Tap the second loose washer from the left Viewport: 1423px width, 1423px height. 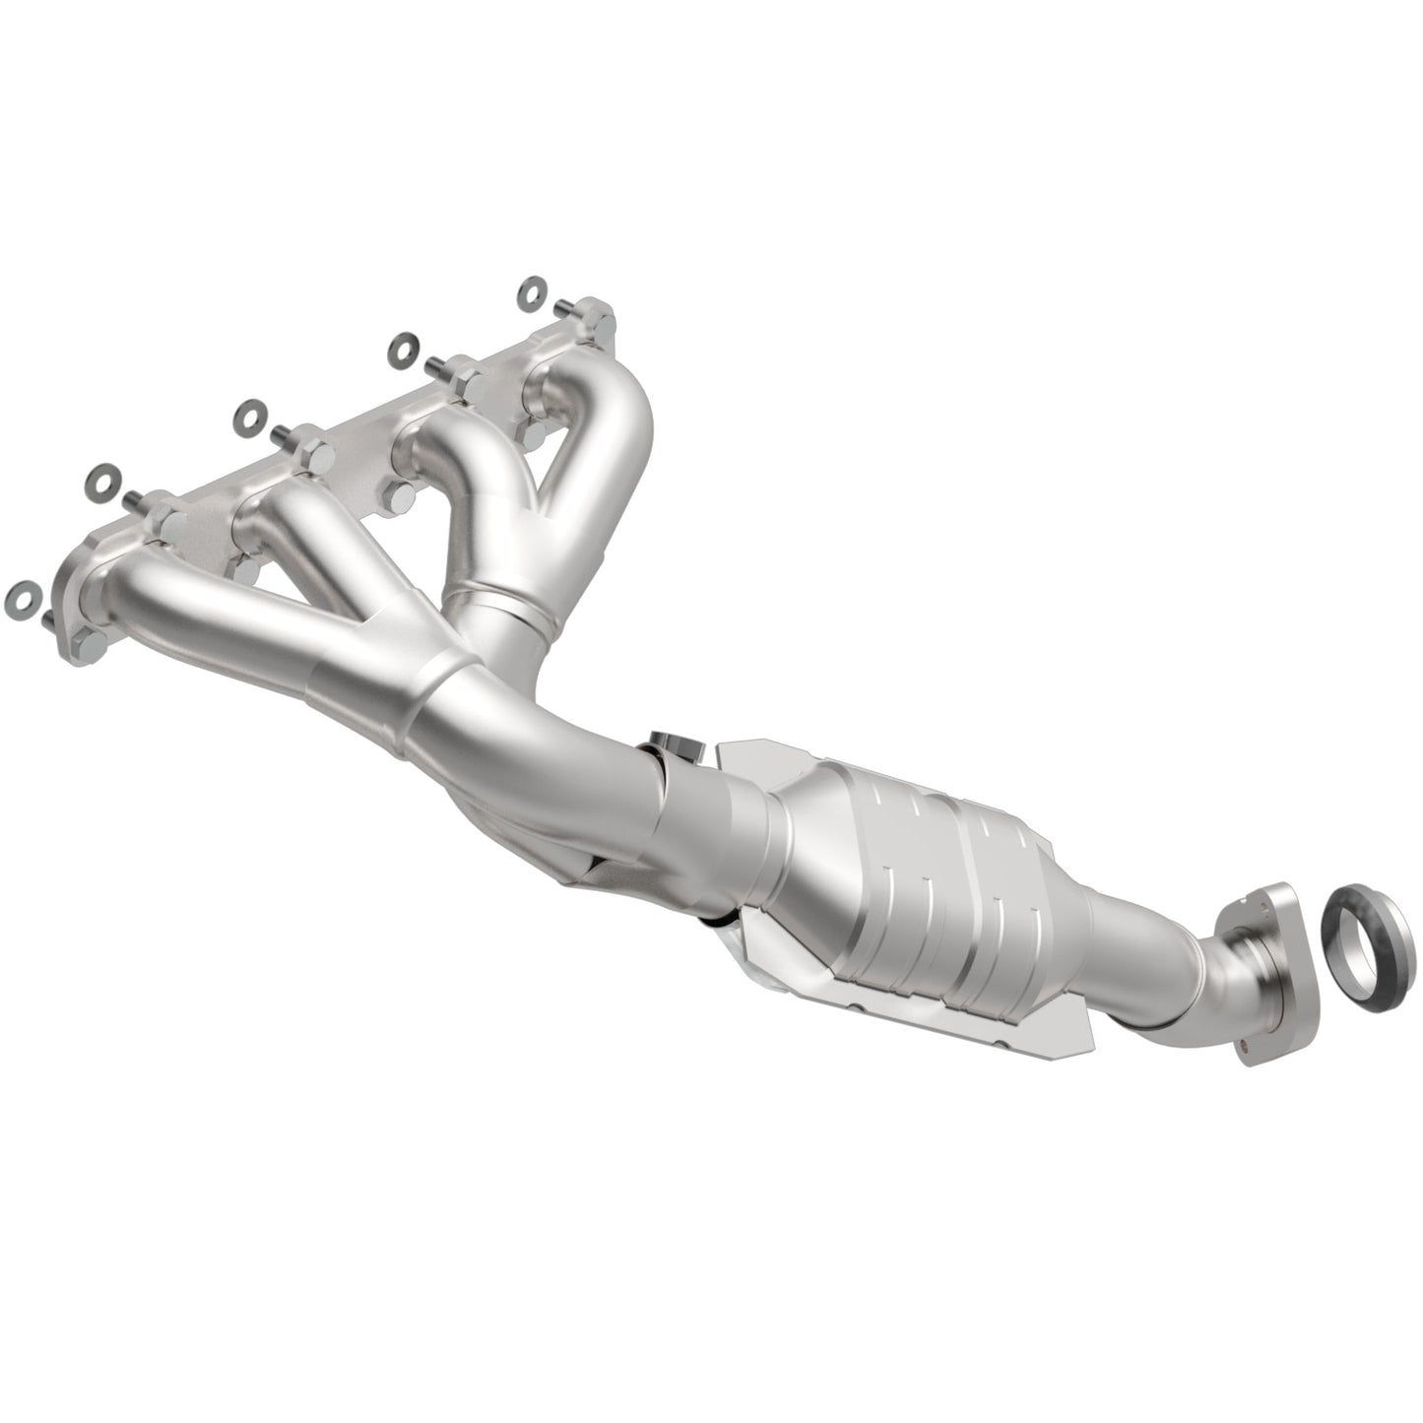pyautogui.click(x=97, y=479)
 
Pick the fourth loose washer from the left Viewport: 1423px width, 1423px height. pyautogui.click(x=401, y=347)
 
